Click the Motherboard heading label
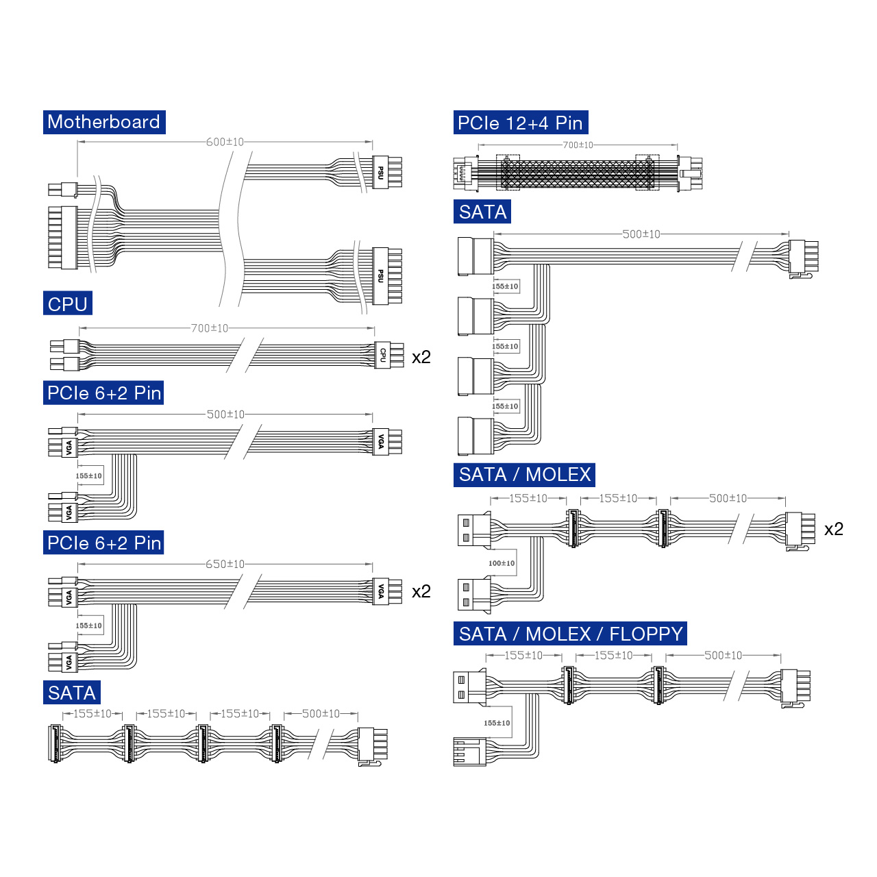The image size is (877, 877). [104, 122]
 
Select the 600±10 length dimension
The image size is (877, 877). [225, 142]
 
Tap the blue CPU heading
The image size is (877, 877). [68, 303]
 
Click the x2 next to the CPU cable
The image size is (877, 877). [421, 357]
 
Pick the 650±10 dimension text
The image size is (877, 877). [225, 565]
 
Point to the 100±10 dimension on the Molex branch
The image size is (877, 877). [502, 563]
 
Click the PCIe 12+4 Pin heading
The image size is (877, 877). [521, 123]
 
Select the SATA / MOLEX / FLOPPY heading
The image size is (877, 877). [570, 634]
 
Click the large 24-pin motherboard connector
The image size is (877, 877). [63, 238]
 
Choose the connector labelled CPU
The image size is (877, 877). [388, 355]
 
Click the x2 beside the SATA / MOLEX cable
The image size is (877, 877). [834, 529]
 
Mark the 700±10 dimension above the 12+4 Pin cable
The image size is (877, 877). [578, 145]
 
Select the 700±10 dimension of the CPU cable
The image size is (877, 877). [210, 328]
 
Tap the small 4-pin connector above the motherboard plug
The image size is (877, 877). [63, 189]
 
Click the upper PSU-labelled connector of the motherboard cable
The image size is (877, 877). [387, 172]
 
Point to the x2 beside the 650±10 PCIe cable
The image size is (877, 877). [421, 592]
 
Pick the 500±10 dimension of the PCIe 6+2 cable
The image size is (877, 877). [225, 415]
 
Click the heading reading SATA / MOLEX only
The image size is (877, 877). [524, 475]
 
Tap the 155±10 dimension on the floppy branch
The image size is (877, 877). [497, 723]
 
